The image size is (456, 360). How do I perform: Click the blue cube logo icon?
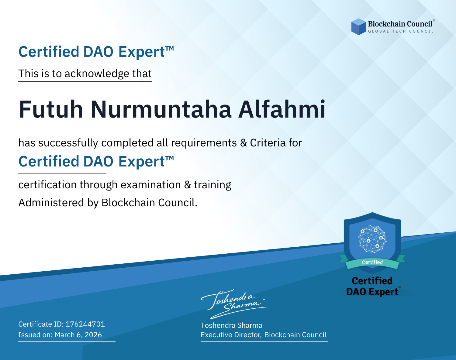point(358,27)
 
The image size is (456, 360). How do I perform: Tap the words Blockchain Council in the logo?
point(400,24)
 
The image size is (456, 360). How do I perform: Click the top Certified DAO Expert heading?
point(96,52)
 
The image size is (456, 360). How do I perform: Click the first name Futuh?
point(51,109)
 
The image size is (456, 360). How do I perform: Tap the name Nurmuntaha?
point(161,109)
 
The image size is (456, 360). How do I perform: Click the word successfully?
point(68,143)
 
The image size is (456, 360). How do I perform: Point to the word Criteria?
point(268,143)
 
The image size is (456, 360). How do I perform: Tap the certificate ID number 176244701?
point(85,324)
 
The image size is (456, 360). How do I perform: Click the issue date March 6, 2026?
point(78,335)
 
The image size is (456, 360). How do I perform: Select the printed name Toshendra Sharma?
point(232,325)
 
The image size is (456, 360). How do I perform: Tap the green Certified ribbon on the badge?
point(372,262)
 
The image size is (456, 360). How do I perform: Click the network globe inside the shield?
point(372,239)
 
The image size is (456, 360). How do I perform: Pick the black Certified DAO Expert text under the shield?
point(372,286)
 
